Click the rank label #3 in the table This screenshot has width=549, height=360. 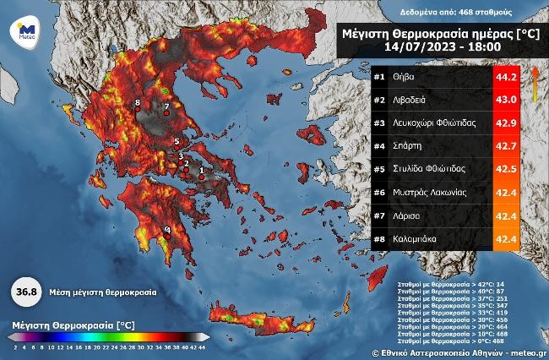pyautogui.click(x=380, y=123)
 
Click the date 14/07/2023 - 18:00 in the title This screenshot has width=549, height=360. pyautogui.click(x=437, y=46)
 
